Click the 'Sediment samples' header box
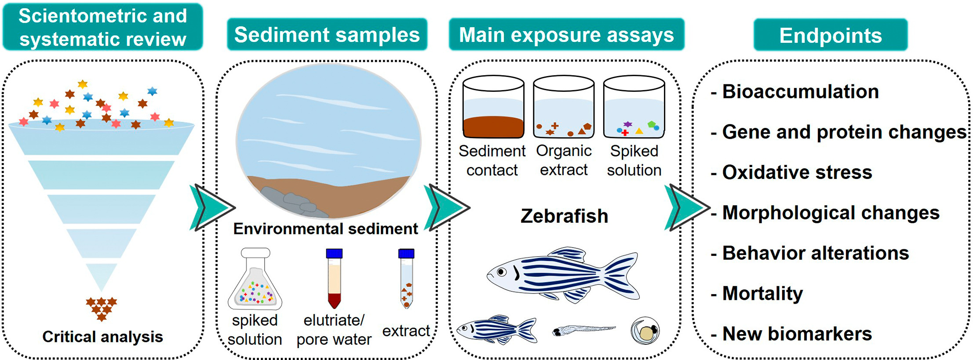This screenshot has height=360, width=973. pyautogui.click(x=327, y=35)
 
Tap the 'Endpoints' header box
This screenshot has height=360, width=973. pyautogui.click(x=830, y=36)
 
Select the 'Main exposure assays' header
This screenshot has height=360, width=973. pyautogui.click(x=566, y=35)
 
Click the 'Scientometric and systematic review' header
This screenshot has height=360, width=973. pyautogui.click(x=102, y=27)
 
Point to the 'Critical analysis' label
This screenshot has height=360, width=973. pyautogui.click(x=102, y=337)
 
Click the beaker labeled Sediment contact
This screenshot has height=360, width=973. pyautogui.click(x=493, y=108)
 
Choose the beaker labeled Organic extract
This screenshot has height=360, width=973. pyautogui.click(x=564, y=108)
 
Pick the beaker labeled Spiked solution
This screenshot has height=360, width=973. pyautogui.click(x=634, y=108)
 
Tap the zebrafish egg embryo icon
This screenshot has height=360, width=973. pyautogui.click(x=645, y=331)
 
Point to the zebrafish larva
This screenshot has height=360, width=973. pyautogui.click(x=583, y=330)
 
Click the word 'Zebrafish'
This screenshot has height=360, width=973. pyautogui.click(x=564, y=216)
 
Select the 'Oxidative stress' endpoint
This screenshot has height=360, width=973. pyautogui.click(x=797, y=172)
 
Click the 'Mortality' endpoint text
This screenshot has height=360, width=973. pyautogui.click(x=762, y=294)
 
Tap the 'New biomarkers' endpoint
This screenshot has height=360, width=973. pyautogui.click(x=797, y=334)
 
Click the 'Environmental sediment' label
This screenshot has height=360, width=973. pyautogui.click(x=325, y=229)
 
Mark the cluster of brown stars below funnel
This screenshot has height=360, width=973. pyautogui.click(x=102, y=307)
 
